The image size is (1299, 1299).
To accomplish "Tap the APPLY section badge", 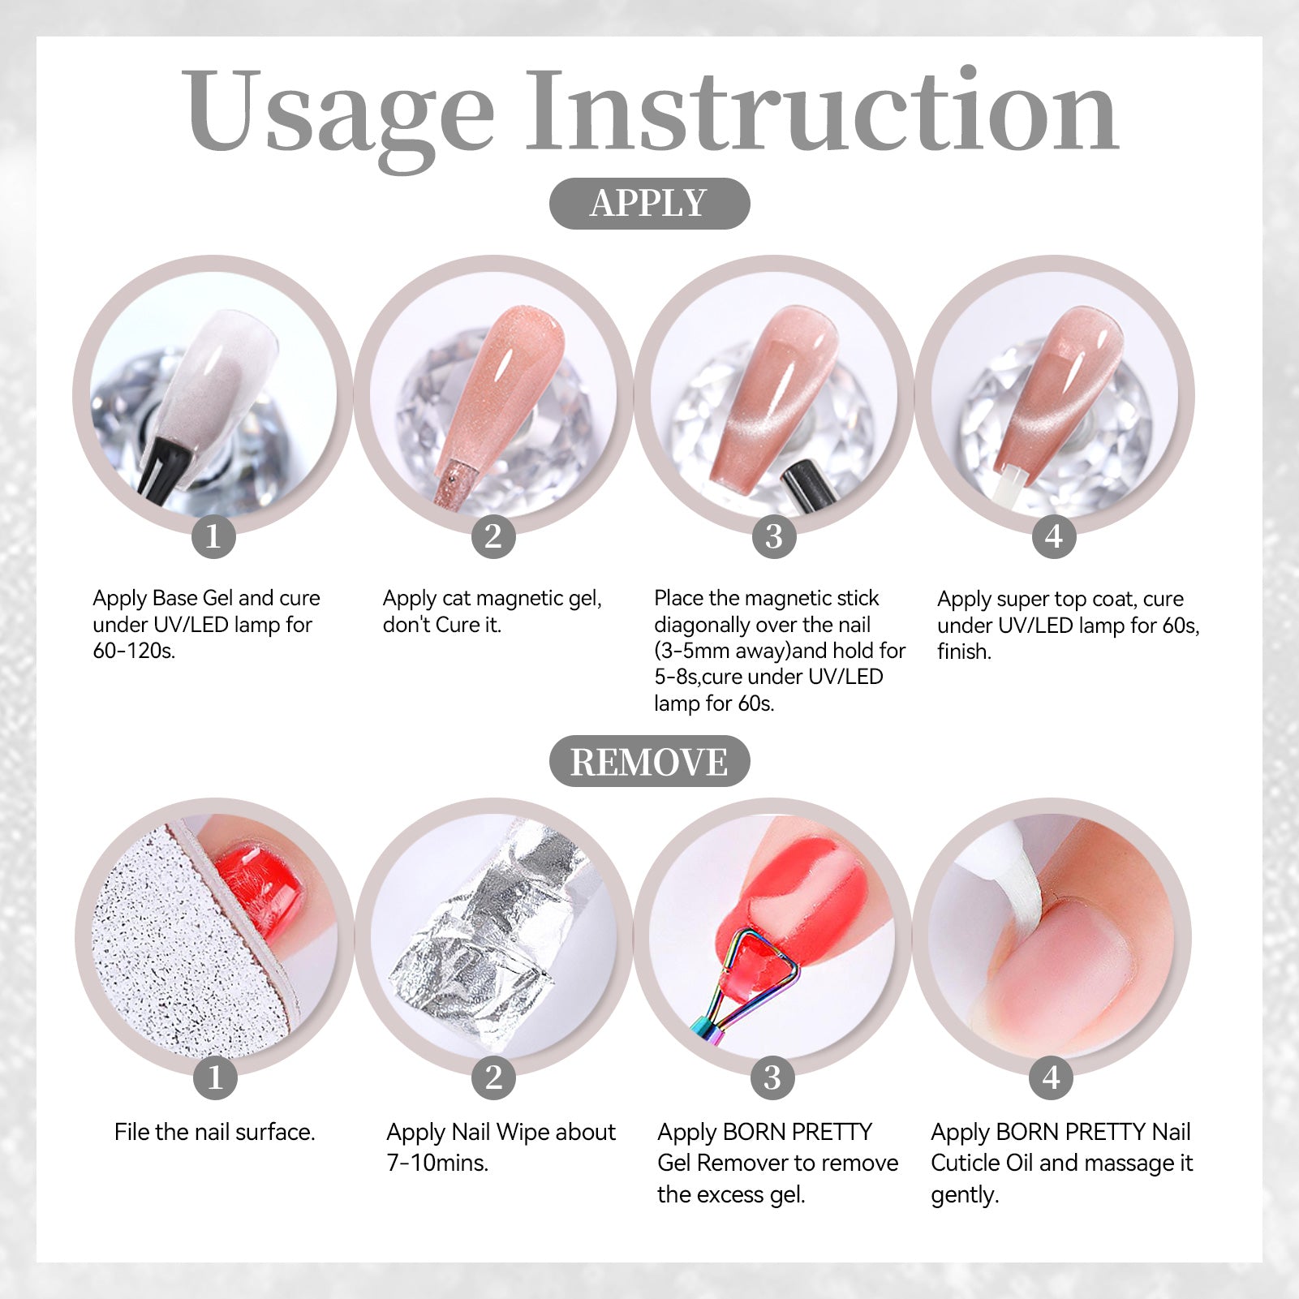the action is (649, 203).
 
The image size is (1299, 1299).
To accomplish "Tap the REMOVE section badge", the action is (649, 761).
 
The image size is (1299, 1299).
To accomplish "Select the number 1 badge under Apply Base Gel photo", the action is (213, 536).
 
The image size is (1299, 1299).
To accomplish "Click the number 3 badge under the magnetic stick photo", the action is (774, 536).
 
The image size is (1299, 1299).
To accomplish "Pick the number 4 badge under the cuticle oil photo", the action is (1052, 1077).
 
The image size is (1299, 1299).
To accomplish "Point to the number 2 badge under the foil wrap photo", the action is (493, 1077).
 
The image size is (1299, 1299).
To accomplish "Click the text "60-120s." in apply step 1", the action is (134, 651).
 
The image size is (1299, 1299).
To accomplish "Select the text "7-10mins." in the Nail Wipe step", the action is (437, 1163).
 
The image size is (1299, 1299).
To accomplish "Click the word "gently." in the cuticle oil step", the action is (965, 1195).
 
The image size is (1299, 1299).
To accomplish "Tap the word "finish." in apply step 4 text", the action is (964, 652).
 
